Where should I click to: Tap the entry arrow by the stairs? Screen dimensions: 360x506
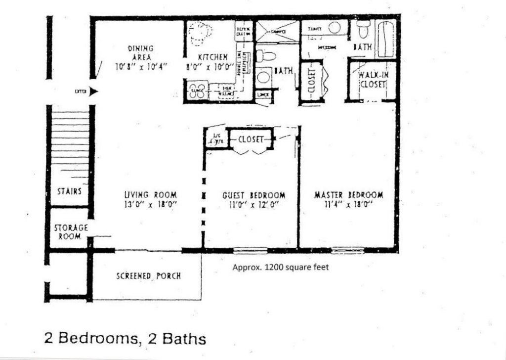click(x=94, y=91)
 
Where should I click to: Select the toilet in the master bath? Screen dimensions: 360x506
click(x=363, y=29)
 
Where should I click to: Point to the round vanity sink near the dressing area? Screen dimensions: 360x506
click(x=335, y=28)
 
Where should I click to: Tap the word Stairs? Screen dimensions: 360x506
click(x=69, y=191)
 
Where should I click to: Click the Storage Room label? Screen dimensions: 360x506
click(x=71, y=232)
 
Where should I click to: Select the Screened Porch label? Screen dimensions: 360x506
click(x=148, y=275)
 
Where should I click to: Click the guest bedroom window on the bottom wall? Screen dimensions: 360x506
click(x=250, y=250)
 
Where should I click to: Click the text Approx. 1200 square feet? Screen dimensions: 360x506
click(x=280, y=268)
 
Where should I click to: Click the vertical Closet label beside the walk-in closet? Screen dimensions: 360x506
click(x=311, y=81)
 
